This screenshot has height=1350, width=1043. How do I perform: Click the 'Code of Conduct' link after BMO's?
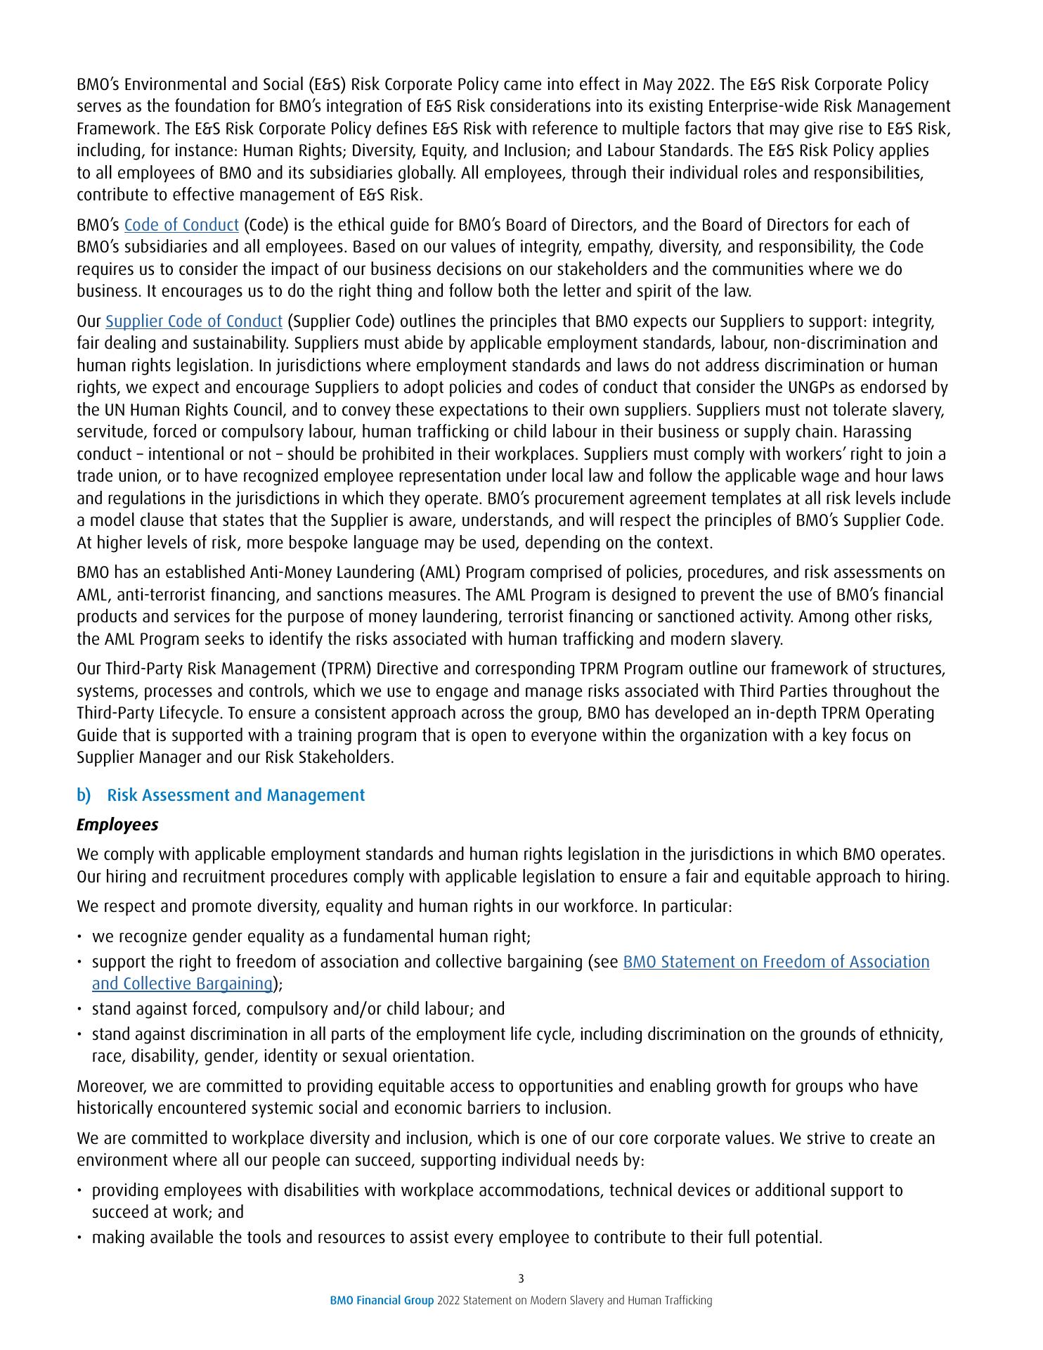pyautogui.click(x=181, y=225)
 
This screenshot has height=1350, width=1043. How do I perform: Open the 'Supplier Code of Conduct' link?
pyautogui.click(x=194, y=321)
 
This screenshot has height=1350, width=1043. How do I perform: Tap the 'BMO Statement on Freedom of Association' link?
pyautogui.click(x=776, y=961)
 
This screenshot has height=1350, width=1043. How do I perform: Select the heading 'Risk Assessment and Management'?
pyautogui.click(x=235, y=795)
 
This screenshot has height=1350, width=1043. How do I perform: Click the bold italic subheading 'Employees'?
pyautogui.click(x=117, y=825)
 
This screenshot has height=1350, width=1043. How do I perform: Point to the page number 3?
pyautogui.click(x=521, y=1278)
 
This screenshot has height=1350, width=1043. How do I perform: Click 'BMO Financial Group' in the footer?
pyautogui.click(x=382, y=1300)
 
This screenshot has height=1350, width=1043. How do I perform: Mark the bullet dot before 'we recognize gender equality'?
pyautogui.click(x=81, y=937)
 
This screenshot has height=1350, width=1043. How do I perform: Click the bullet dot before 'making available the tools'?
pyautogui.click(x=81, y=1237)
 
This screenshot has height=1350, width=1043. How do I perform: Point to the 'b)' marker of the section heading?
pyautogui.click(x=84, y=795)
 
